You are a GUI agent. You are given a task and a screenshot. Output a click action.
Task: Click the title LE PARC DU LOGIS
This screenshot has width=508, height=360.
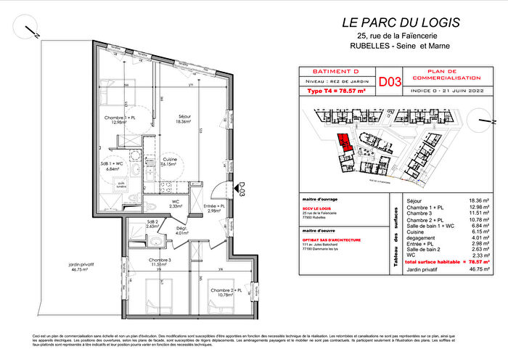pyautogui.click(x=401, y=22)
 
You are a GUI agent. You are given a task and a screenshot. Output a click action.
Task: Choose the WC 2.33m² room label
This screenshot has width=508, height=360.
pyautogui.click(x=175, y=204)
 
